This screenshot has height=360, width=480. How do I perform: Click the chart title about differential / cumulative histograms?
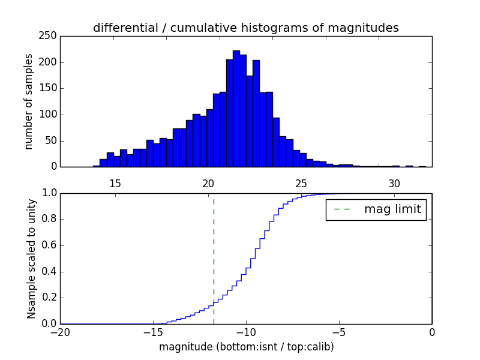click(245, 28)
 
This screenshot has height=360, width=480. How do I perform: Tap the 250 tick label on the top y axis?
click(50, 36)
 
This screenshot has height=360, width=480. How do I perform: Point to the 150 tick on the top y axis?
click(50, 88)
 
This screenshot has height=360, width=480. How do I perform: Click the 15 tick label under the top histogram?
click(115, 183)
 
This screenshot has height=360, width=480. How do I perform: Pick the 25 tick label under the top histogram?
click(301, 183)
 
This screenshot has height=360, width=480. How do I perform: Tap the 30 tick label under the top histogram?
click(394, 183)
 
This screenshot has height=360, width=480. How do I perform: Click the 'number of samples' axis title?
click(29, 101)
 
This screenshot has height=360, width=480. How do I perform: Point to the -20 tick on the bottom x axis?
click(61, 331)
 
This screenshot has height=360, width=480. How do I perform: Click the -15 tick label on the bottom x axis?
click(152, 331)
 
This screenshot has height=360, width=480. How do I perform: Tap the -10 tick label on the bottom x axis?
click(245, 331)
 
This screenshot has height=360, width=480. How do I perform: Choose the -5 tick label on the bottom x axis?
click(338, 331)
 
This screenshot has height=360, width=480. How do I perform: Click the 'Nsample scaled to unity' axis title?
click(31, 259)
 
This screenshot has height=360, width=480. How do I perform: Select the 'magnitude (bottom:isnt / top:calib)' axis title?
click(246, 347)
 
